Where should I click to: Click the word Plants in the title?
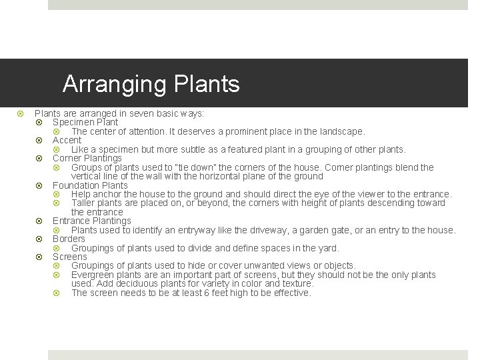point(206,85)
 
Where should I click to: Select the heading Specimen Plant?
point(85,123)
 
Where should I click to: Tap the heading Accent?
point(67,141)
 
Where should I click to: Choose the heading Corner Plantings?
point(87,159)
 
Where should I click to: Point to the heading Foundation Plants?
point(90,185)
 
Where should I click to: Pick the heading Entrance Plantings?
point(91,221)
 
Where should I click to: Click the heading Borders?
point(69,239)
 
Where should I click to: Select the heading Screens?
point(69,257)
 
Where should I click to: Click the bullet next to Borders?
point(39,239)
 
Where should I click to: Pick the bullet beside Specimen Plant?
point(39,123)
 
